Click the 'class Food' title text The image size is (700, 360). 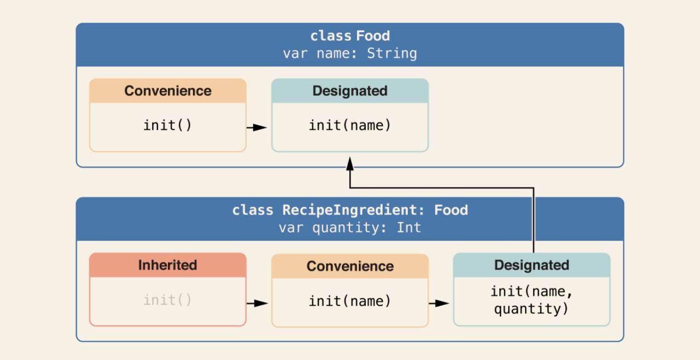click(350, 36)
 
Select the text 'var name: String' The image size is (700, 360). click(350, 54)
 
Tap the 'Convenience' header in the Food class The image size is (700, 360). click(168, 91)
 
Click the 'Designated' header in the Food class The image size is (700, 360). click(350, 91)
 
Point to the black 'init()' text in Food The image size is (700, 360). click(167, 125)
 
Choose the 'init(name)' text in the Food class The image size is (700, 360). click(350, 125)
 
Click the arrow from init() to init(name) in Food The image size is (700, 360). click(256, 127)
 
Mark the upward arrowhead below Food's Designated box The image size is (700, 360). click(350, 164)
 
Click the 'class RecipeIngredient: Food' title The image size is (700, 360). click(350, 210)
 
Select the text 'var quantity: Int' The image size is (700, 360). click(350, 228)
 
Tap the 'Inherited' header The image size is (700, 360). click(168, 265)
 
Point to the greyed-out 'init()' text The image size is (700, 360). click(167, 300)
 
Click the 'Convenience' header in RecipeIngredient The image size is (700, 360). click(350, 266)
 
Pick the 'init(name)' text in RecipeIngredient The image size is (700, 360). click(350, 301)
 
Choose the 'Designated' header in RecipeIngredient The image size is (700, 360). click(532, 265)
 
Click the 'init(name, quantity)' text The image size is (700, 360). click(532, 300)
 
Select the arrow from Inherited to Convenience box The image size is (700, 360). click(257, 303)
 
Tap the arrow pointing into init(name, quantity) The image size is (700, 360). click(439, 303)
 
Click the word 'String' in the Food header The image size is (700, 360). click(392, 54)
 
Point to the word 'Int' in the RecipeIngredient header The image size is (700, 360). click(409, 228)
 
